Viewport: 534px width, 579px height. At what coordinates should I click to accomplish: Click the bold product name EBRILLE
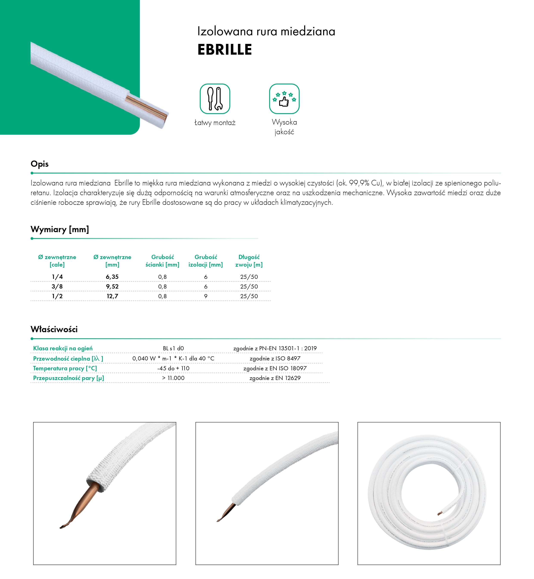[x=224, y=50]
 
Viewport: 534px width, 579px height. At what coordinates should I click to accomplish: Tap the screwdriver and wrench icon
[x=215, y=99]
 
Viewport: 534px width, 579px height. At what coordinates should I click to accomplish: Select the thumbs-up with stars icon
[x=284, y=99]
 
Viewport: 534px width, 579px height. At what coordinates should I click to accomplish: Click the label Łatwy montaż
[x=215, y=123]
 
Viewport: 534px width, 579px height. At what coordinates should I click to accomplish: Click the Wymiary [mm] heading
[x=60, y=229]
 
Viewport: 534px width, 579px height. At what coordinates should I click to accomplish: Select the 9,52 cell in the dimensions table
[x=112, y=286]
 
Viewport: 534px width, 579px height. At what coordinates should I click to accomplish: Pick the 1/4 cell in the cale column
[x=57, y=277]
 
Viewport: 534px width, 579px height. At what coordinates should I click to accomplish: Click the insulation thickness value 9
[x=206, y=296]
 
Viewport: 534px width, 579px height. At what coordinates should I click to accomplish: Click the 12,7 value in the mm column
[x=112, y=296]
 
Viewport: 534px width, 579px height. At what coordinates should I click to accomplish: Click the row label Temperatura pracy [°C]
[x=65, y=368]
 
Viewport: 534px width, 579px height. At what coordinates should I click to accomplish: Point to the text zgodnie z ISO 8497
[x=275, y=358]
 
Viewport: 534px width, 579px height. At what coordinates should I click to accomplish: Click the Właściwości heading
[x=54, y=329]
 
